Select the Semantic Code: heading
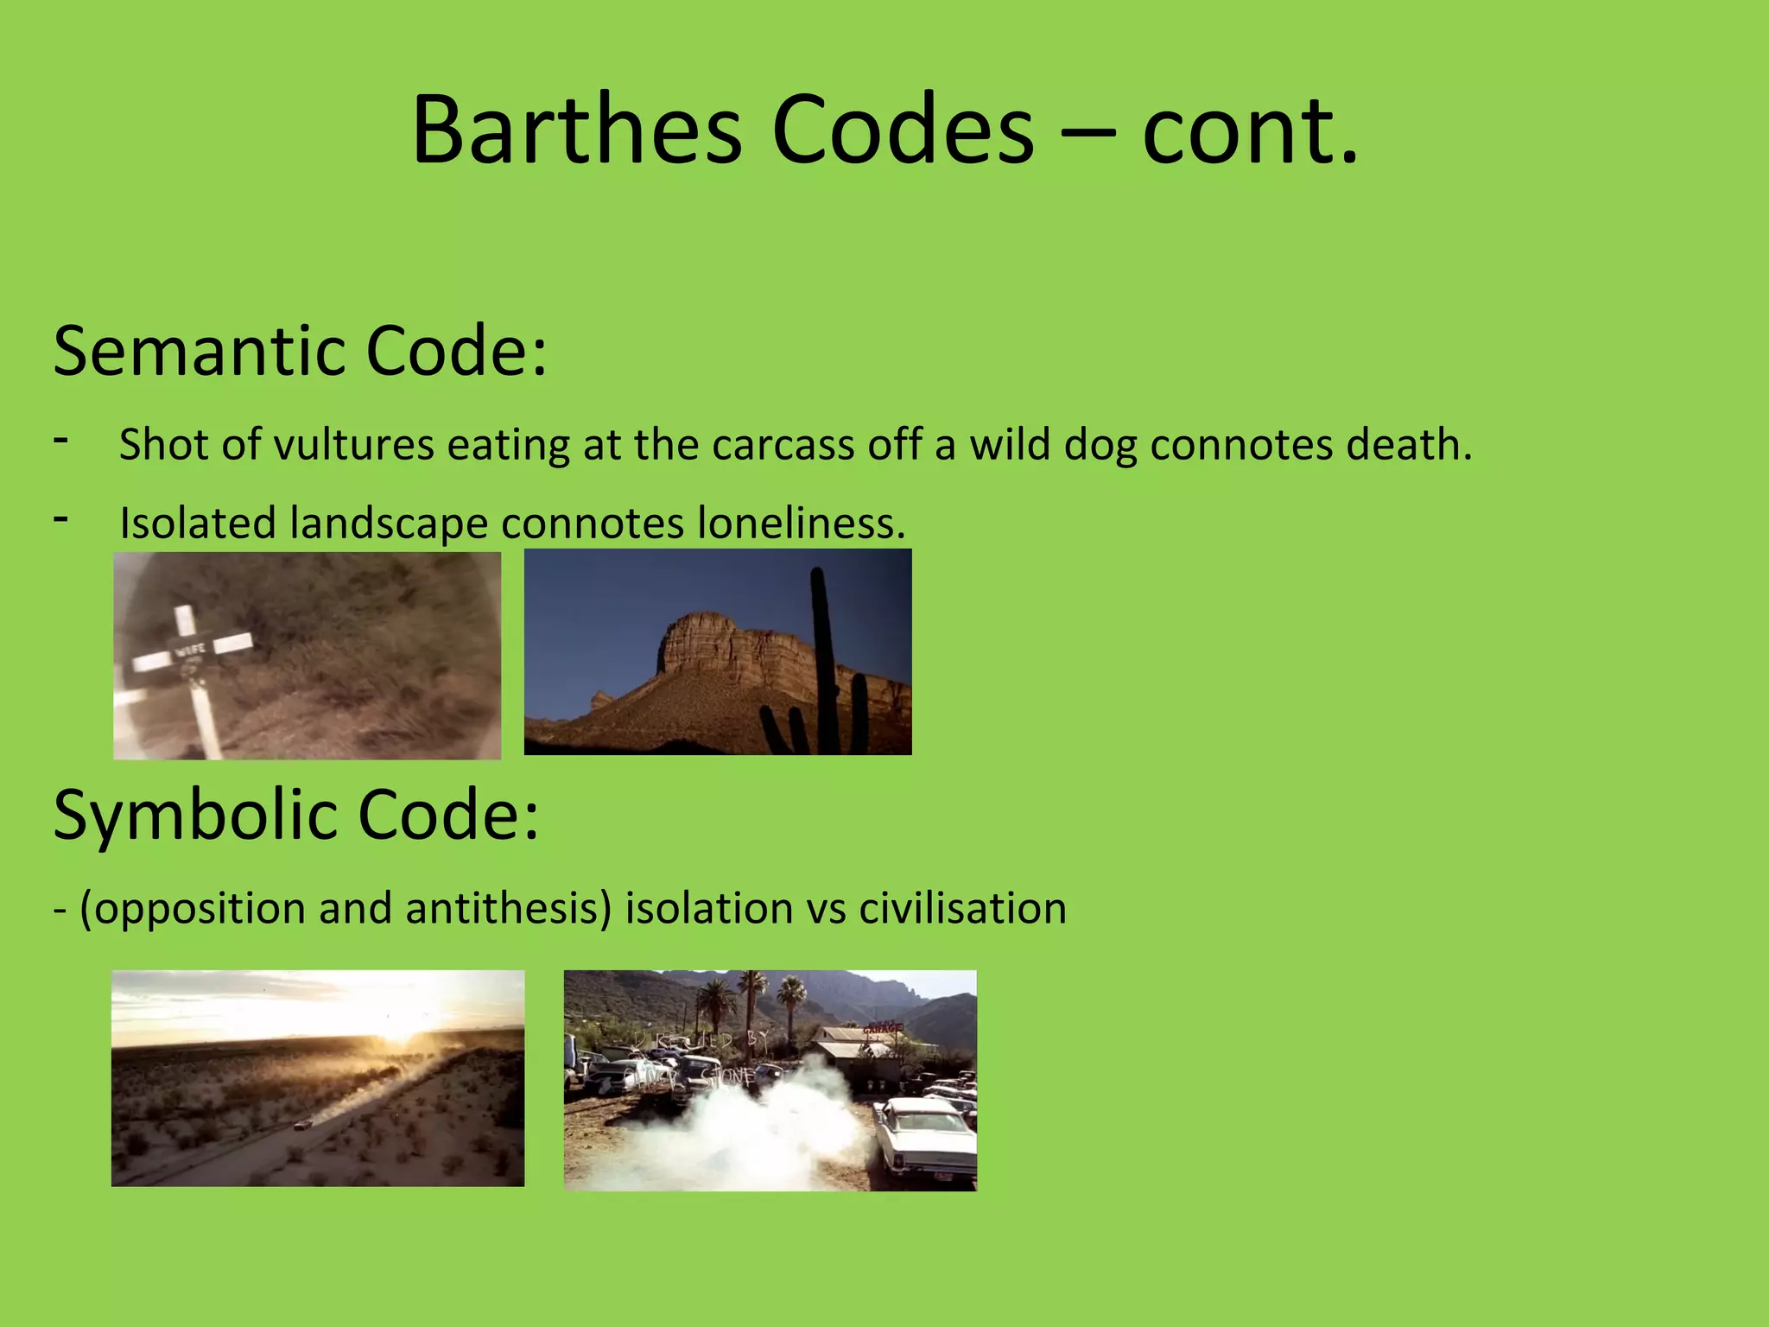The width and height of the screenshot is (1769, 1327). tap(300, 351)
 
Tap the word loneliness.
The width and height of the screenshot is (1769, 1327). tap(802, 523)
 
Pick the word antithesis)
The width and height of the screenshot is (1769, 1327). tap(508, 909)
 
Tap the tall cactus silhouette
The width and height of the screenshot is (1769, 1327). tap(822, 657)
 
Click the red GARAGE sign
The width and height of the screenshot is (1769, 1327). tap(882, 1029)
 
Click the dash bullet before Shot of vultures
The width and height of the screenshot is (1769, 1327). tap(60, 440)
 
